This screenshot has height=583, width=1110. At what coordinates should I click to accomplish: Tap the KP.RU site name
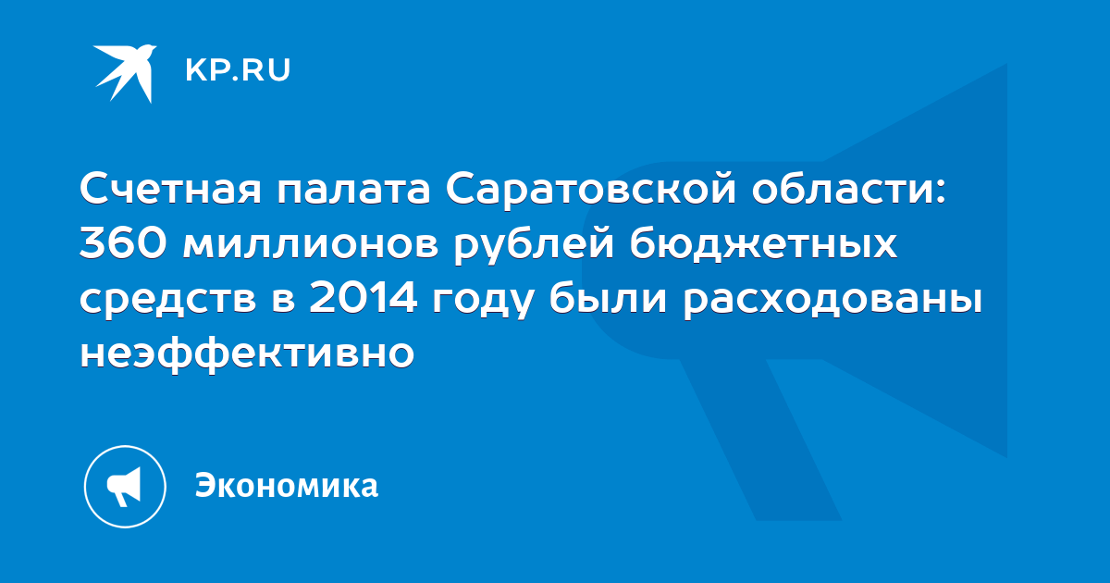(238, 70)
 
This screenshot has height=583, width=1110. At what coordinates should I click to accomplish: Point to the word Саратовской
(591, 189)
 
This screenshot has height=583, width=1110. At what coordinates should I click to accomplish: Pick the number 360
(123, 244)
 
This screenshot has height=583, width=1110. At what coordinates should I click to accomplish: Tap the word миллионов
(311, 245)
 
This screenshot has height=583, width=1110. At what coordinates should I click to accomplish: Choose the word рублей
(535, 245)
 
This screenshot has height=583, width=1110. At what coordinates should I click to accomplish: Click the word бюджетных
(764, 245)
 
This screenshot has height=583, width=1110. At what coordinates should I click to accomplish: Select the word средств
(168, 300)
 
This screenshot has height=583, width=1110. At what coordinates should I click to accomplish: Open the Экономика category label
(287, 486)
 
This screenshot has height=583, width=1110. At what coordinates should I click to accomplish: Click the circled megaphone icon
(125, 487)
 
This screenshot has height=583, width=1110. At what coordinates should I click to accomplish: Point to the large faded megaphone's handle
(760, 440)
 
